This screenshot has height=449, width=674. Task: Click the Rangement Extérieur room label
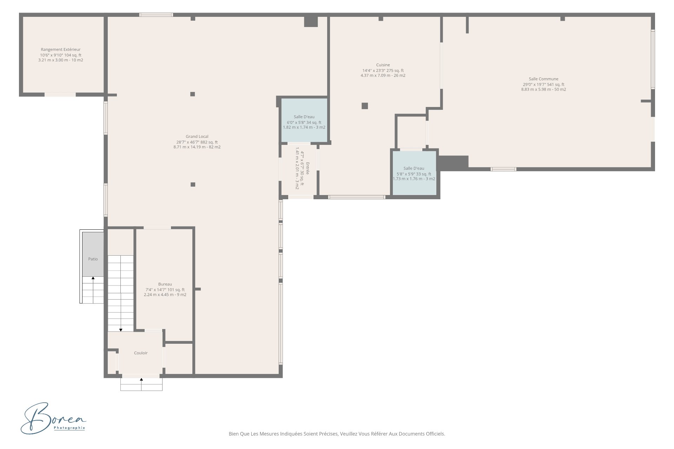(61, 49)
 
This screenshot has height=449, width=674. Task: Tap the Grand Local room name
(197, 136)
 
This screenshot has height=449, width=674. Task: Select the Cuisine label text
(383, 65)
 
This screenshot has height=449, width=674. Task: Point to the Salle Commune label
(543, 79)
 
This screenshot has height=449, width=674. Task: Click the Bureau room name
(165, 284)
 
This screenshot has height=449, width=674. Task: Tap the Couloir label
(141, 353)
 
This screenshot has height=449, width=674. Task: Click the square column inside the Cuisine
(365, 106)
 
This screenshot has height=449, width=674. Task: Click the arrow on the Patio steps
(93, 290)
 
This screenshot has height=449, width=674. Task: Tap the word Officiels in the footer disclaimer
(436, 434)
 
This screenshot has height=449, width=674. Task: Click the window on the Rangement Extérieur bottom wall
(60, 94)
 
